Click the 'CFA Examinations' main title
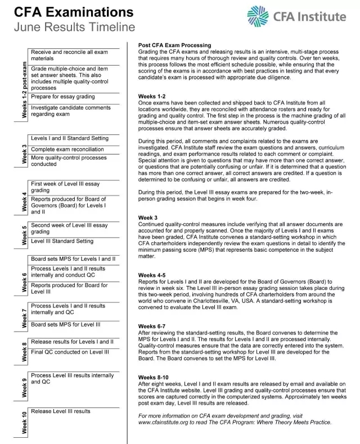70,12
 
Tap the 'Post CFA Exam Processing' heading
174,46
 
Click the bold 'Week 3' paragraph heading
148,218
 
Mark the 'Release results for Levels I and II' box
73,342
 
